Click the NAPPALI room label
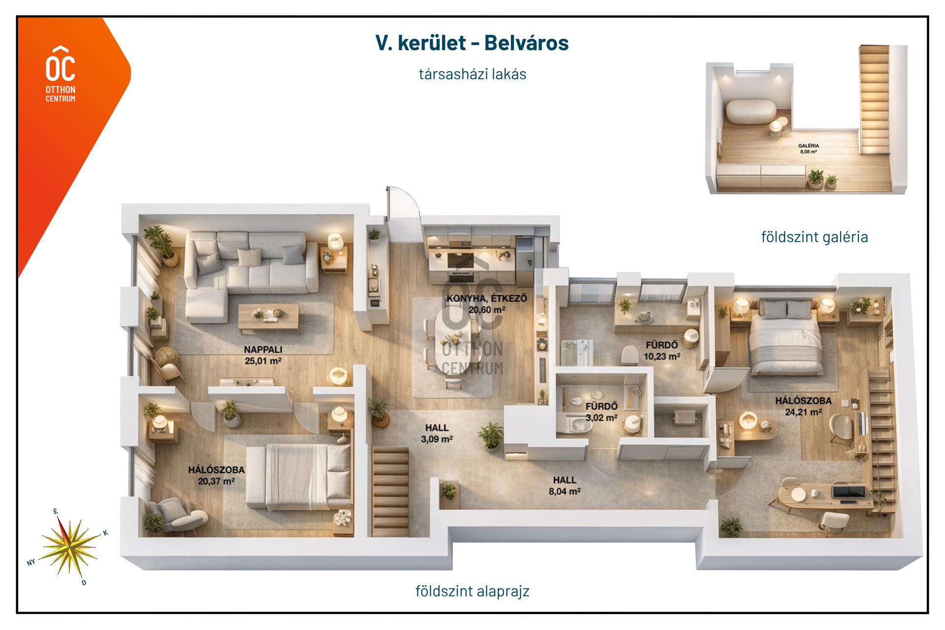point(263,349)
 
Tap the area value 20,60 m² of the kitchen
point(487,310)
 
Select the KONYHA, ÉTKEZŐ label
point(487,298)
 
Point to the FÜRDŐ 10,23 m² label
point(662,351)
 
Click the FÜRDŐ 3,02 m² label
point(601,412)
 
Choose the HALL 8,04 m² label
point(565,485)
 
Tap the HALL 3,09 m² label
point(437,433)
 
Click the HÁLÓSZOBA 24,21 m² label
point(803,406)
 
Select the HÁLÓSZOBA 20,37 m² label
point(216,475)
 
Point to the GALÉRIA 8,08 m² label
point(809,149)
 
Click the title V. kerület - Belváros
point(472,43)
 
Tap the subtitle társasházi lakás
point(472,74)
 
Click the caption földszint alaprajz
point(472,591)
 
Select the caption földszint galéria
point(815,237)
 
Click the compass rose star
point(70,546)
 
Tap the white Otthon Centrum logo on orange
point(61,74)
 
